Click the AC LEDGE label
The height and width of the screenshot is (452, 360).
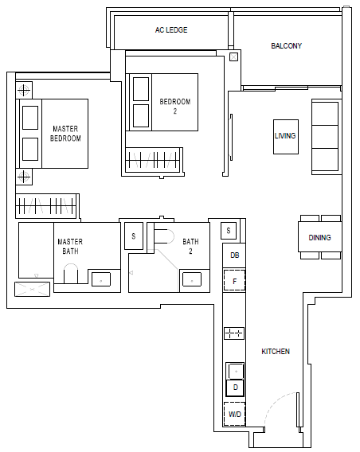(x=171, y=30)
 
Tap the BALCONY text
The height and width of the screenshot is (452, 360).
(x=286, y=46)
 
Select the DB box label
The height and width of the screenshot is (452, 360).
(x=234, y=255)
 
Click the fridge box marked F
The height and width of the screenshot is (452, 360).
(x=234, y=280)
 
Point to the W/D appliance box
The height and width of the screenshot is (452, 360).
(x=234, y=414)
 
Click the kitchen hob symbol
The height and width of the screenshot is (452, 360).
(x=234, y=333)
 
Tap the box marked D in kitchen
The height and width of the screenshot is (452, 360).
(x=235, y=388)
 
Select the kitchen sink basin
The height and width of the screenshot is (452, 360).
(x=236, y=371)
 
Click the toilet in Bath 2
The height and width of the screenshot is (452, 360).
(x=164, y=236)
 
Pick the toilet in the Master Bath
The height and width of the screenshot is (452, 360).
(x=71, y=273)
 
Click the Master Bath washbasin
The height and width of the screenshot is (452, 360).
(x=101, y=279)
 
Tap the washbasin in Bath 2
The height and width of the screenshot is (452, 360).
(x=192, y=279)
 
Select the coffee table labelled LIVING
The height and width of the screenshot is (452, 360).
(x=286, y=137)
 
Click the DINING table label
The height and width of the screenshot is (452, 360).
(x=319, y=237)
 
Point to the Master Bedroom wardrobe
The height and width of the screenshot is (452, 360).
(x=46, y=205)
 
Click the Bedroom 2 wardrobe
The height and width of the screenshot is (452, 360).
(x=154, y=160)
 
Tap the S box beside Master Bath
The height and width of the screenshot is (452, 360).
(x=134, y=236)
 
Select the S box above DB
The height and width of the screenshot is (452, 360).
(x=229, y=230)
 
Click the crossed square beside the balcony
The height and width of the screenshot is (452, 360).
(x=233, y=56)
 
